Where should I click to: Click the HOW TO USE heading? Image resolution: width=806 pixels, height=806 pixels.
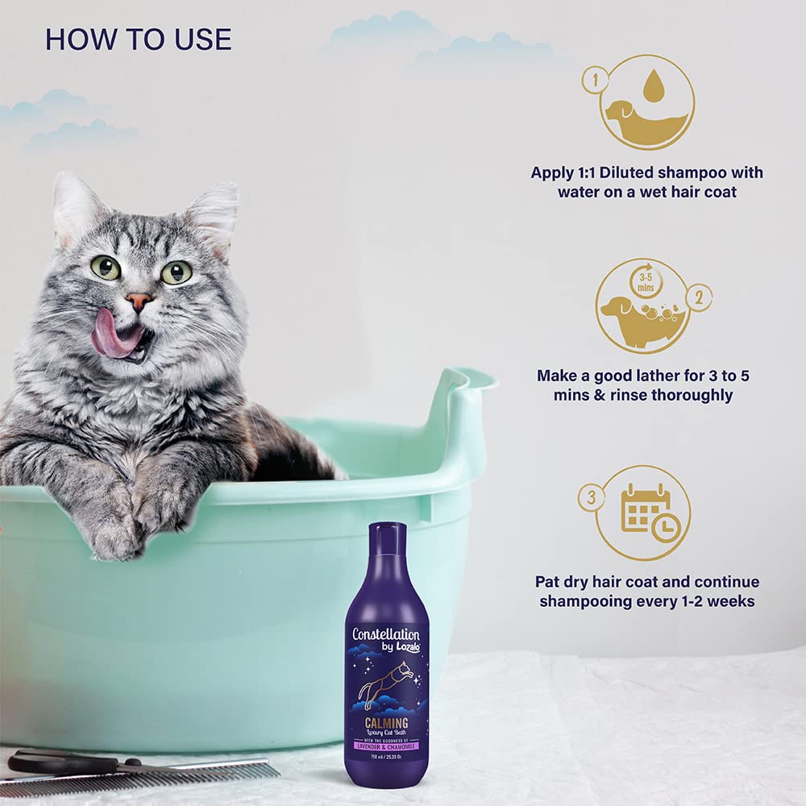point(138,39)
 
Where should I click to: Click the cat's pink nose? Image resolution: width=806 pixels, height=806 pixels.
point(139,301)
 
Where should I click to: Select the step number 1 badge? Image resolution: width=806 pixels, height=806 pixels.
point(594,81)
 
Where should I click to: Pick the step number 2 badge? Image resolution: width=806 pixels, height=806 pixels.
point(699,297)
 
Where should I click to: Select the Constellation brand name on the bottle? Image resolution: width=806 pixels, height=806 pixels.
point(385,634)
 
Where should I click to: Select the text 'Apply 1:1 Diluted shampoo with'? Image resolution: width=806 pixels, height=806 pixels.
point(646,172)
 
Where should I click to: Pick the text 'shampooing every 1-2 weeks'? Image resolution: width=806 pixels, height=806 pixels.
point(647,601)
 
